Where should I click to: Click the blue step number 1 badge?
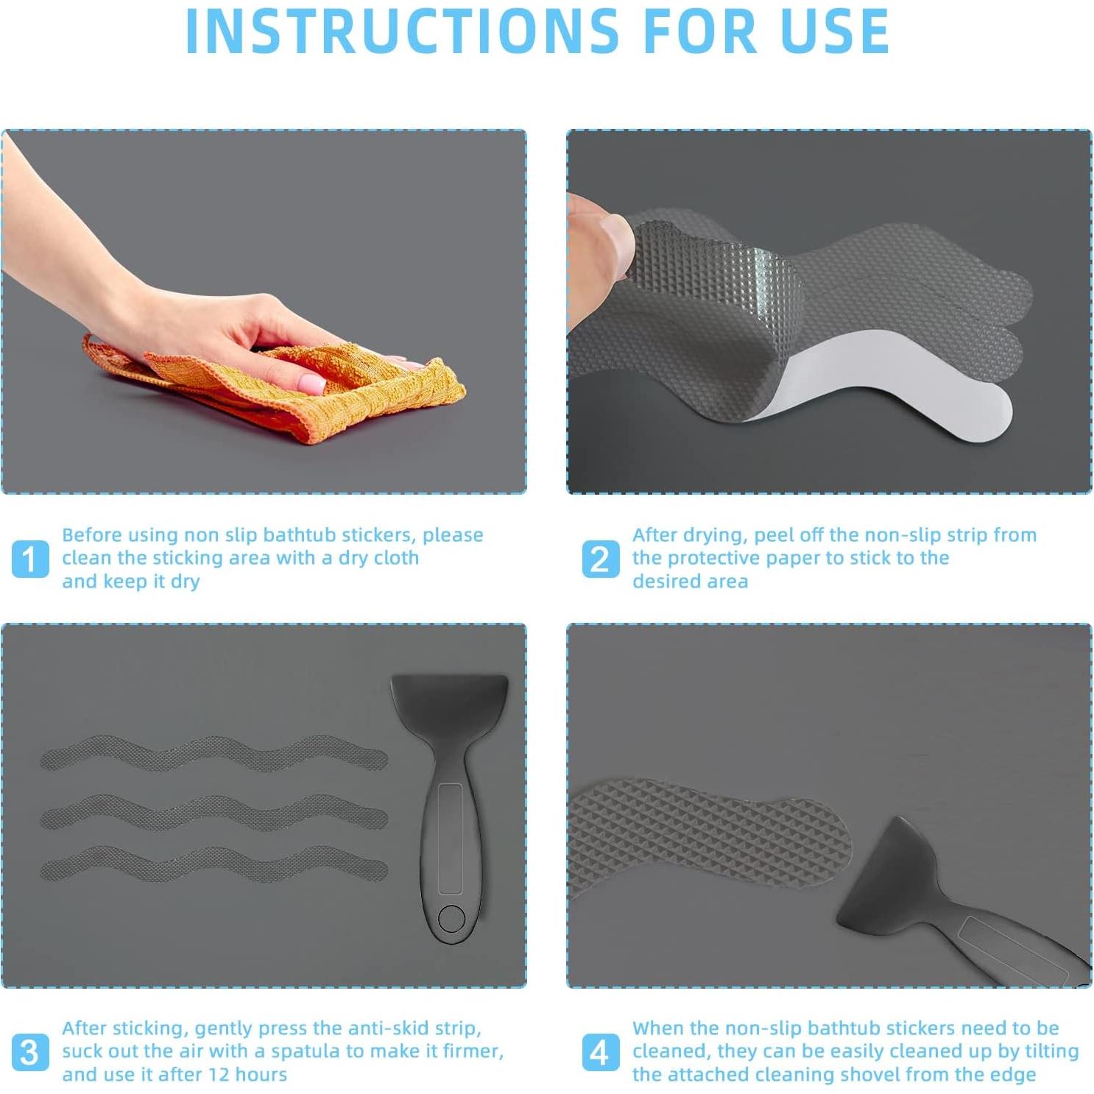[x=30, y=559]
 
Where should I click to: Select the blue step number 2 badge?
[x=600, y=559]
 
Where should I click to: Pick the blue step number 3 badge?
[x=30, y=1052]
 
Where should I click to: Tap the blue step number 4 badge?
[x=600, y=1052]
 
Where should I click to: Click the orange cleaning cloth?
[x=280, y=387]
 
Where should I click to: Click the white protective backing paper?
[x=883, y=390]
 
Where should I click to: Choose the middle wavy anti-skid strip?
[x=213, y=814]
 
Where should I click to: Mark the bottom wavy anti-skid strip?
[x=213, y=864]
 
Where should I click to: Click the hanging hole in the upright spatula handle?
[x=451, y=918]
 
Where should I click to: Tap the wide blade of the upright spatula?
[x=450, y=703]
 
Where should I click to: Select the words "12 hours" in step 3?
[x=247, y=1074]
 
